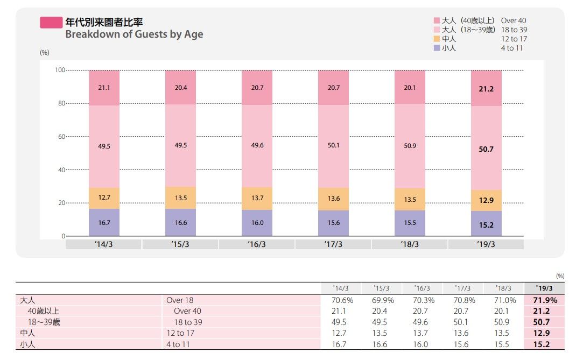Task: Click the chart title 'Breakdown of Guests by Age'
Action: (134, 34)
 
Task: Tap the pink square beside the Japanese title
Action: (51, 23)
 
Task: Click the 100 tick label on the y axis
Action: (59, 70)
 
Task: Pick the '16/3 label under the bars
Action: (256, 244)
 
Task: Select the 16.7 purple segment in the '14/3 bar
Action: (104, 223)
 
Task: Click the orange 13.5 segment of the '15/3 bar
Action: (180, 198)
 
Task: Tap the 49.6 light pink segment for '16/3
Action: (256, 145)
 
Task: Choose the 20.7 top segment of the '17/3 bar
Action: (333, 88)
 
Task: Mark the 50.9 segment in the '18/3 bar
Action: (410, 146)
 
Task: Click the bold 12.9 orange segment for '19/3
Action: (486, 200)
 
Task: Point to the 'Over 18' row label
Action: (180, 301)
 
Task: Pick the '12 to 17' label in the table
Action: (181, 334)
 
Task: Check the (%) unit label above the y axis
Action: (45, 53)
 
